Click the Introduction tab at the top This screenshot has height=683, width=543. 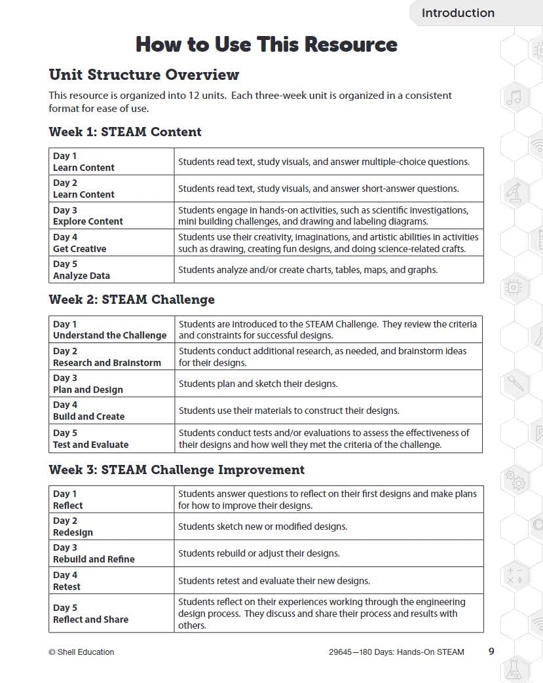pos(458,13)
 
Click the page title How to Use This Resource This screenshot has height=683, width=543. pos(266,45)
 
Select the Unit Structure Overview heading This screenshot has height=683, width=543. pos(144,75)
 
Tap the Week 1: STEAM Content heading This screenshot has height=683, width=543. pos(125,132)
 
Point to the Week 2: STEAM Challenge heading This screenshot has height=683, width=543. pos(132,299)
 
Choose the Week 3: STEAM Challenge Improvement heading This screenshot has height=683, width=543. pos(176,470)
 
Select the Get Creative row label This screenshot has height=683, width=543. pos(79,249)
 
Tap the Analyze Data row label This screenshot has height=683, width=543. pos(81,276)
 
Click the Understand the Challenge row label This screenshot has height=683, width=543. pos(109,335)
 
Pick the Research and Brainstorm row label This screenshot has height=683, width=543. pos(107,363)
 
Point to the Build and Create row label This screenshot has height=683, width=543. pos(88,416)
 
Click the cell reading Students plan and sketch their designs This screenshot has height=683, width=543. pos(258,384)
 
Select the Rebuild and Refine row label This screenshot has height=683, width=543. pos(94,559)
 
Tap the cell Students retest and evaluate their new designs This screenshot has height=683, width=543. pos(274,580)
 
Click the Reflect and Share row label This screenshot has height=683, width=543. pos(90,619)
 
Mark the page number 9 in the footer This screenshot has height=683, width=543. pos(491,651)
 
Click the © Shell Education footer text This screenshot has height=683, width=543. pos(81,652)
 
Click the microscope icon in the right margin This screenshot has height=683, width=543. pos(514,193)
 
